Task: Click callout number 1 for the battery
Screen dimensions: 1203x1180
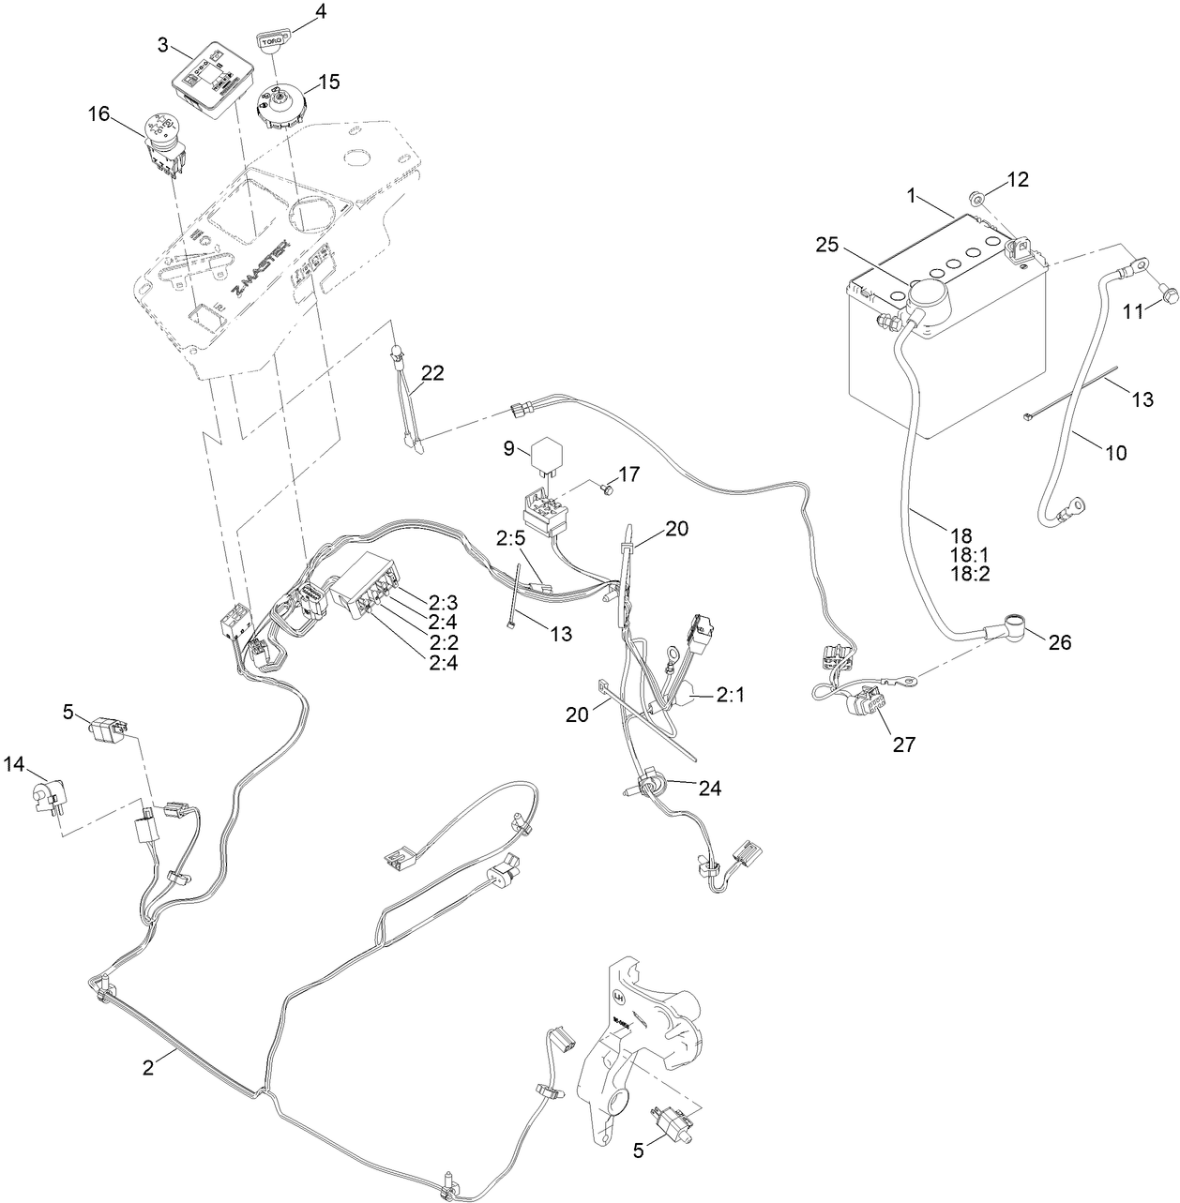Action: coord(910,197)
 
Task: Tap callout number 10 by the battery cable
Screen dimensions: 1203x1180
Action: coord(1115,452)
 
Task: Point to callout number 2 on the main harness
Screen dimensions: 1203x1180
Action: coord(148,1066)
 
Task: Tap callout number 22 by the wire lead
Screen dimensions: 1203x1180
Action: coord(431,372)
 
